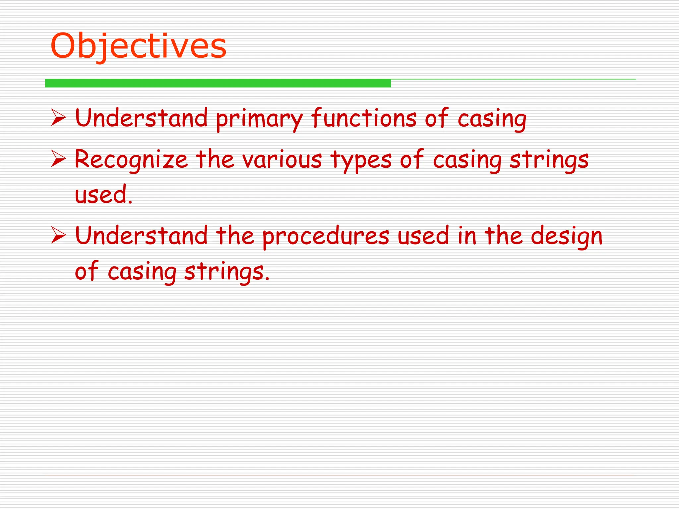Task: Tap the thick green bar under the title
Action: pos(218,83)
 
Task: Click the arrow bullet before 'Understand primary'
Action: pos(59,118)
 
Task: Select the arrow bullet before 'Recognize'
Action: pos(59,159)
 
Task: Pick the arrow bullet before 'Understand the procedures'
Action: pos(59,236)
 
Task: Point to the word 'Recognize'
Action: pos(131,160)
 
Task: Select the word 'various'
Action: pos(282,159)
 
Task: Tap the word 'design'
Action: pos(567,237)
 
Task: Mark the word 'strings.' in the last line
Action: pos(227,271)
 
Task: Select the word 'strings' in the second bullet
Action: pos(549,160)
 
